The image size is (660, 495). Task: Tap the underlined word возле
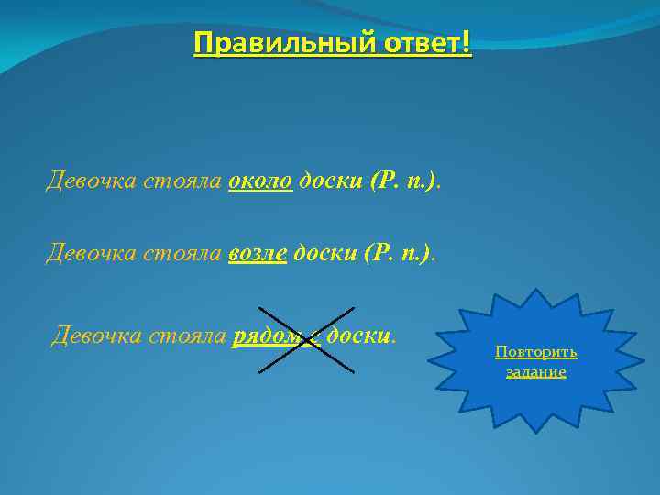tap(258, 251)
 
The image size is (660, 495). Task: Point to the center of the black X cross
tap(306, 340)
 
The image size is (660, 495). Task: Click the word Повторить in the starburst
tap(536, 353)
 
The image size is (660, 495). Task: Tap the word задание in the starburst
tap(536, 372)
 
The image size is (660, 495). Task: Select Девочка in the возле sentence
tap(91, 251)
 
